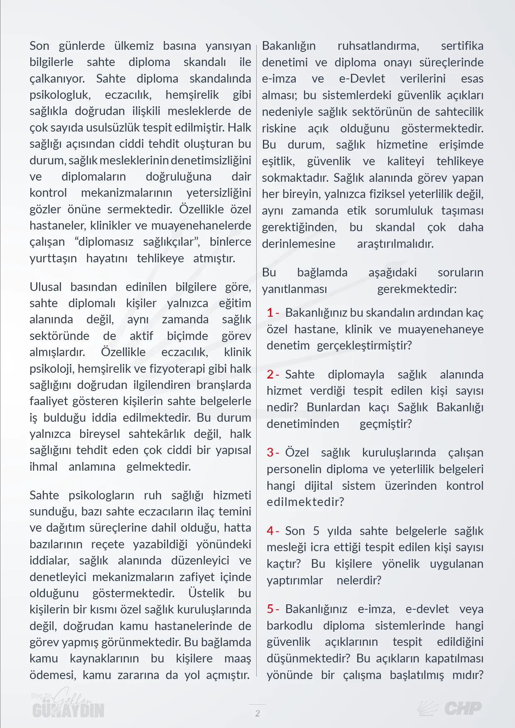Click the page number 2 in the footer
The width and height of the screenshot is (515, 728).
257,713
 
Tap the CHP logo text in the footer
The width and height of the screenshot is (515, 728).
463,708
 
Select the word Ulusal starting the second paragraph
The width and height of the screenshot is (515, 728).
45,287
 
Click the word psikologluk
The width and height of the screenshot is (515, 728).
59,95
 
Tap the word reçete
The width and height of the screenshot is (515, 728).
108,544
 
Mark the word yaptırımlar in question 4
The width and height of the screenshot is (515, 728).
294,580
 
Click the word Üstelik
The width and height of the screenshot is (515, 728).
206,593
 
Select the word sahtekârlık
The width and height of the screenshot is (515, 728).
157,434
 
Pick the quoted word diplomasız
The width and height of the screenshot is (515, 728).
106,242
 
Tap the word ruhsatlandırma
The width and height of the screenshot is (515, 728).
378,46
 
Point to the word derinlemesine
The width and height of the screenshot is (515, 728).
298,244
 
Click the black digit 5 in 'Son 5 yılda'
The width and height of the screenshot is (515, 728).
316,531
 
